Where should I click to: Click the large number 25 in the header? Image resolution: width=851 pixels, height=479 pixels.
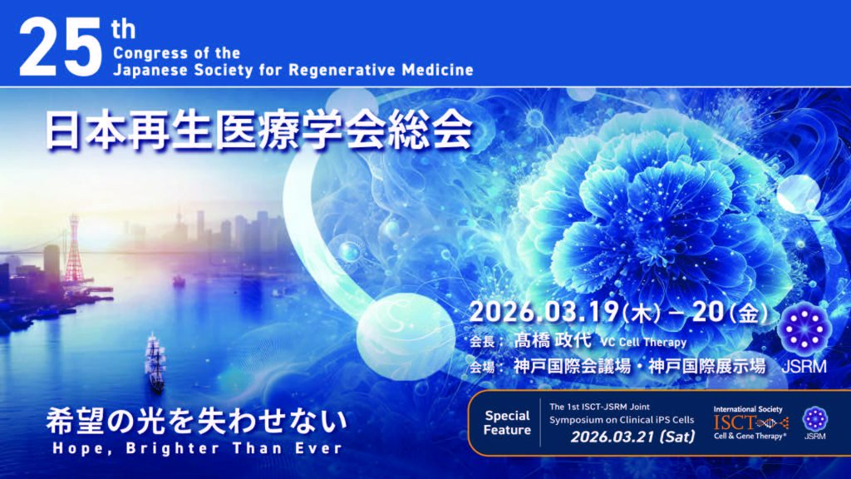click(60, 47)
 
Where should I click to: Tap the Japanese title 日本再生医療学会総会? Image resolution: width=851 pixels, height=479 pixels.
click(259, 130)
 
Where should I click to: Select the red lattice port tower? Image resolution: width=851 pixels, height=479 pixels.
click(73, 249)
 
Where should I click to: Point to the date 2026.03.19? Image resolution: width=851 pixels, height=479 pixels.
click(544, 313)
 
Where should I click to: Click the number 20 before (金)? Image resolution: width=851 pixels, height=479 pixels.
click(708, 313)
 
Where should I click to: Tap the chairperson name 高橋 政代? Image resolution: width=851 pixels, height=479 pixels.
click(553, 340)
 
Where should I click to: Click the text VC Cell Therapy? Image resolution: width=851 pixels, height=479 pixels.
click(643, 343)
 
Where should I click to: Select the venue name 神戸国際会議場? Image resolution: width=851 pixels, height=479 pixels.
click(572, 366)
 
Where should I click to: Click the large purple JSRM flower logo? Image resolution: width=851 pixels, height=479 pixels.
click(804, 328)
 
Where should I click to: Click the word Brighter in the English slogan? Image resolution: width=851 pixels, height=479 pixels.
click(174, 448)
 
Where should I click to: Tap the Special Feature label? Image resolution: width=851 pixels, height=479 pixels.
click(507, 422)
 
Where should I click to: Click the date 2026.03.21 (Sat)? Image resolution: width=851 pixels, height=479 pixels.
click(632, 437)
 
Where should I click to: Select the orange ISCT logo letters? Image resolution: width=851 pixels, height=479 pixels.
click(735, 422)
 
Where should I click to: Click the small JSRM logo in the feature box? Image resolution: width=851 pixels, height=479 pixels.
click(814, 422)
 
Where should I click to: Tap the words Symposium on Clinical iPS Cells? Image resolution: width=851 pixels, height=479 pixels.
click(622, 420)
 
